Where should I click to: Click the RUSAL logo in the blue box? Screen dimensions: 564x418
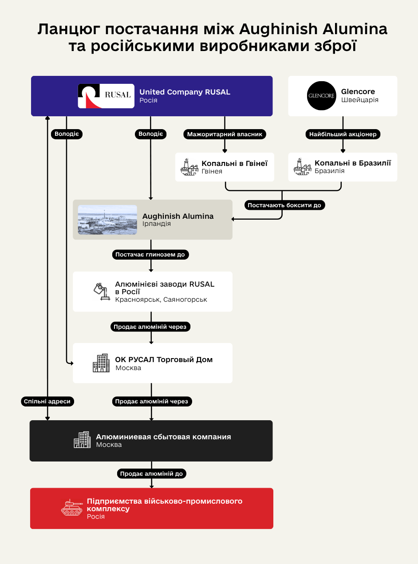click(106, 96)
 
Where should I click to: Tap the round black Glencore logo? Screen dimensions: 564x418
click(321, 96)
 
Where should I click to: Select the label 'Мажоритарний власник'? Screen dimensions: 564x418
click(225, 134)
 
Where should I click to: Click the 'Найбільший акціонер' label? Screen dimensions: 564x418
click(343, 134)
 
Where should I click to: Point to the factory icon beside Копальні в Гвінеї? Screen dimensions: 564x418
click(189, 167)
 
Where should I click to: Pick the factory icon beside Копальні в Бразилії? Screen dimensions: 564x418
click(303, 167)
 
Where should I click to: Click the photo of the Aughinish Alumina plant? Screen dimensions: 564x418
click(107, 220)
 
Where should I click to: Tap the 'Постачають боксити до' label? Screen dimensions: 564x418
click(284, 205)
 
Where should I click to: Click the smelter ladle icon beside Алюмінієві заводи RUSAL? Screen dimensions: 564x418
click(101, 292)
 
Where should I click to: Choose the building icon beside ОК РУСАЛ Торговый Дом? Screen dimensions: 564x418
click(101, 363)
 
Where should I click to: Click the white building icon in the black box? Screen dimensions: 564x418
click(82, 440)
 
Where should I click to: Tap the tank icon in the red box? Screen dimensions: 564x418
click(71, 508)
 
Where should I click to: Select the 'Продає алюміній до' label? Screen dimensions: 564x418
click(151, 474)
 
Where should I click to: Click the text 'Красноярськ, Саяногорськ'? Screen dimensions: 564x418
click(161, 300)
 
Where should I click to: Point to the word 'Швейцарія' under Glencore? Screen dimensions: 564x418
click(360, 100)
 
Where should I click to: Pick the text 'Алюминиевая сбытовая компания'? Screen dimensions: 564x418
click(163, 437)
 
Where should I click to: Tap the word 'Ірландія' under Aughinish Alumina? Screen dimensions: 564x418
click(156, 224)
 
